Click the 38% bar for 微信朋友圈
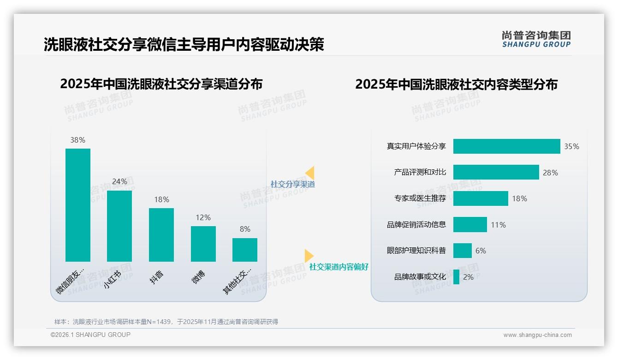(78, 205)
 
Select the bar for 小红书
(119, 226)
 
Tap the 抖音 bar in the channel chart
(161, 235)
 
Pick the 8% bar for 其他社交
(245, 250)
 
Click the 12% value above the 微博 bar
(203, 217)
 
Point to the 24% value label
(119, 182)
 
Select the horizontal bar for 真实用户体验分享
(506, 146)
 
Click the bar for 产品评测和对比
(496, 172)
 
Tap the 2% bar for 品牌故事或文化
(456, 277)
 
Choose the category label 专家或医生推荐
(420, 198)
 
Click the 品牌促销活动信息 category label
(416, 225)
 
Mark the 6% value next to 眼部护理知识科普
(481, 251)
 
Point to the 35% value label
(571, 146)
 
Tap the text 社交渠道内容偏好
(339, 267)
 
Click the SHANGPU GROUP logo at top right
(536, 39)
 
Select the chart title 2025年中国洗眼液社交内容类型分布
(456, 84)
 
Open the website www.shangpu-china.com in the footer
(537, 335)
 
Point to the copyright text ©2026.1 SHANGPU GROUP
(90, 335)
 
